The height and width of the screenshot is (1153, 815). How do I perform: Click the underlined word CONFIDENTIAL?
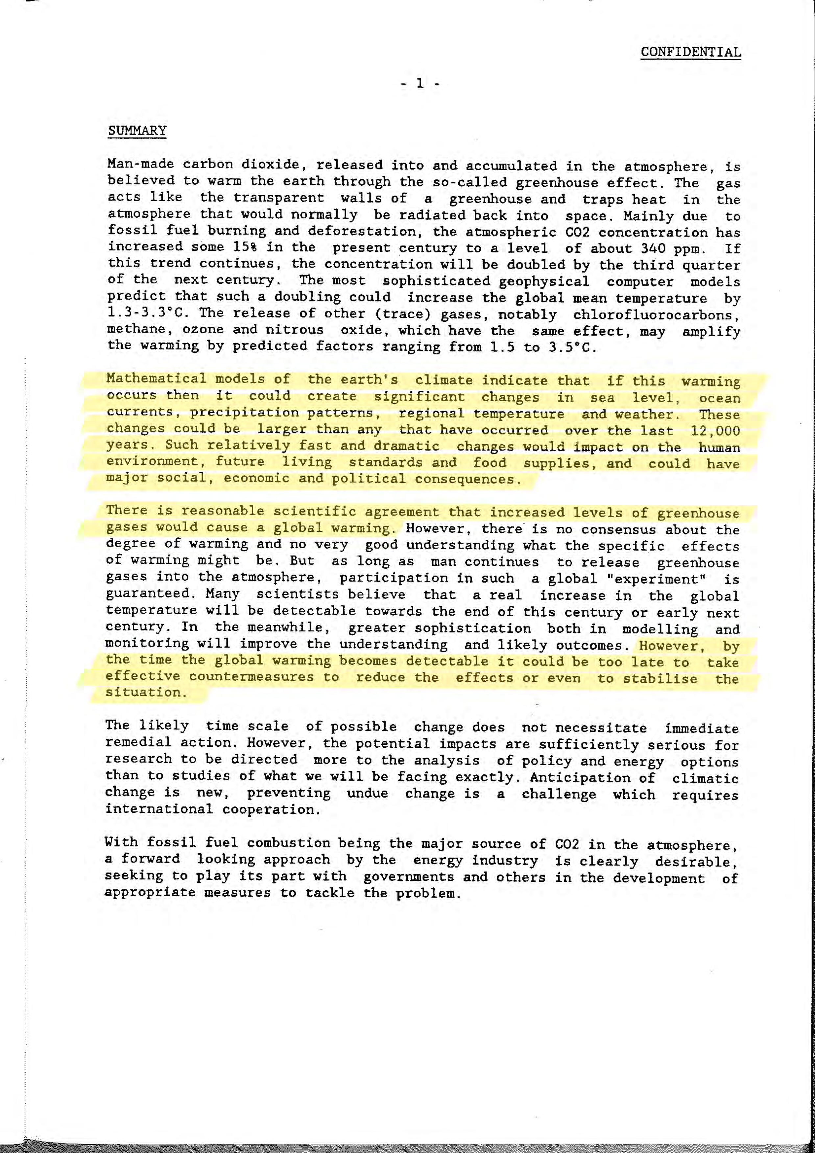(690, 52)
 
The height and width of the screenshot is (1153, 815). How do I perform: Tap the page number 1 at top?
(420, 83)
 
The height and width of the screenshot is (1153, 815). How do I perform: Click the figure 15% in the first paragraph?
(246, 247)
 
